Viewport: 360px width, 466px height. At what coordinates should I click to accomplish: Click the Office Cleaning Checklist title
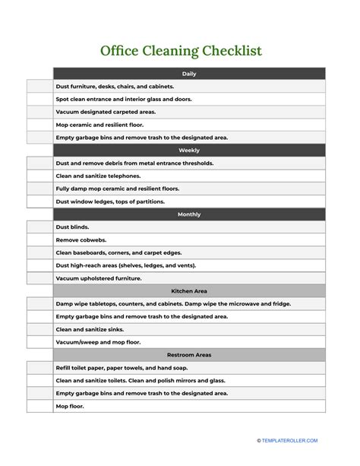point(180,51)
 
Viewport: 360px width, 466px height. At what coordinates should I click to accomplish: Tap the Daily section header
point(189,74)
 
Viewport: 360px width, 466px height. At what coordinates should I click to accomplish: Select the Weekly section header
point(189,151)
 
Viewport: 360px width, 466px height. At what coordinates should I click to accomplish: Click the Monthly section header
point(189,214)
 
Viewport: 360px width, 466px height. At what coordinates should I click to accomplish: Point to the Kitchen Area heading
point(189,291)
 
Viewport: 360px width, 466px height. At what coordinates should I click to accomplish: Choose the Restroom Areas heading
point(189,355)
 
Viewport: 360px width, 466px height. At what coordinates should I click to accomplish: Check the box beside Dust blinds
point(39,227)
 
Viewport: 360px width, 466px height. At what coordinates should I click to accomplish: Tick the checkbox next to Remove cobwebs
point(39,240)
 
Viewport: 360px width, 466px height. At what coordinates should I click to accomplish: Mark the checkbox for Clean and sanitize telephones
point(39,176)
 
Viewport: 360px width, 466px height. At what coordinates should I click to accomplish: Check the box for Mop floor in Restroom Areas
point(39,406)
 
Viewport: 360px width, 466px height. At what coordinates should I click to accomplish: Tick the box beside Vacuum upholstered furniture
point(39,278)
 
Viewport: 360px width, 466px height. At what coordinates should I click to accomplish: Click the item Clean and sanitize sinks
point(90,329)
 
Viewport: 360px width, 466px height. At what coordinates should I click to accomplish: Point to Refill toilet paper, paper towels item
point(121,368)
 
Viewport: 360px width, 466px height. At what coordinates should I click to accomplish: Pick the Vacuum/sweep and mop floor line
point(98,342)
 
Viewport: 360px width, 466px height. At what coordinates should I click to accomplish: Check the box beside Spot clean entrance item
point(39,99)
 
